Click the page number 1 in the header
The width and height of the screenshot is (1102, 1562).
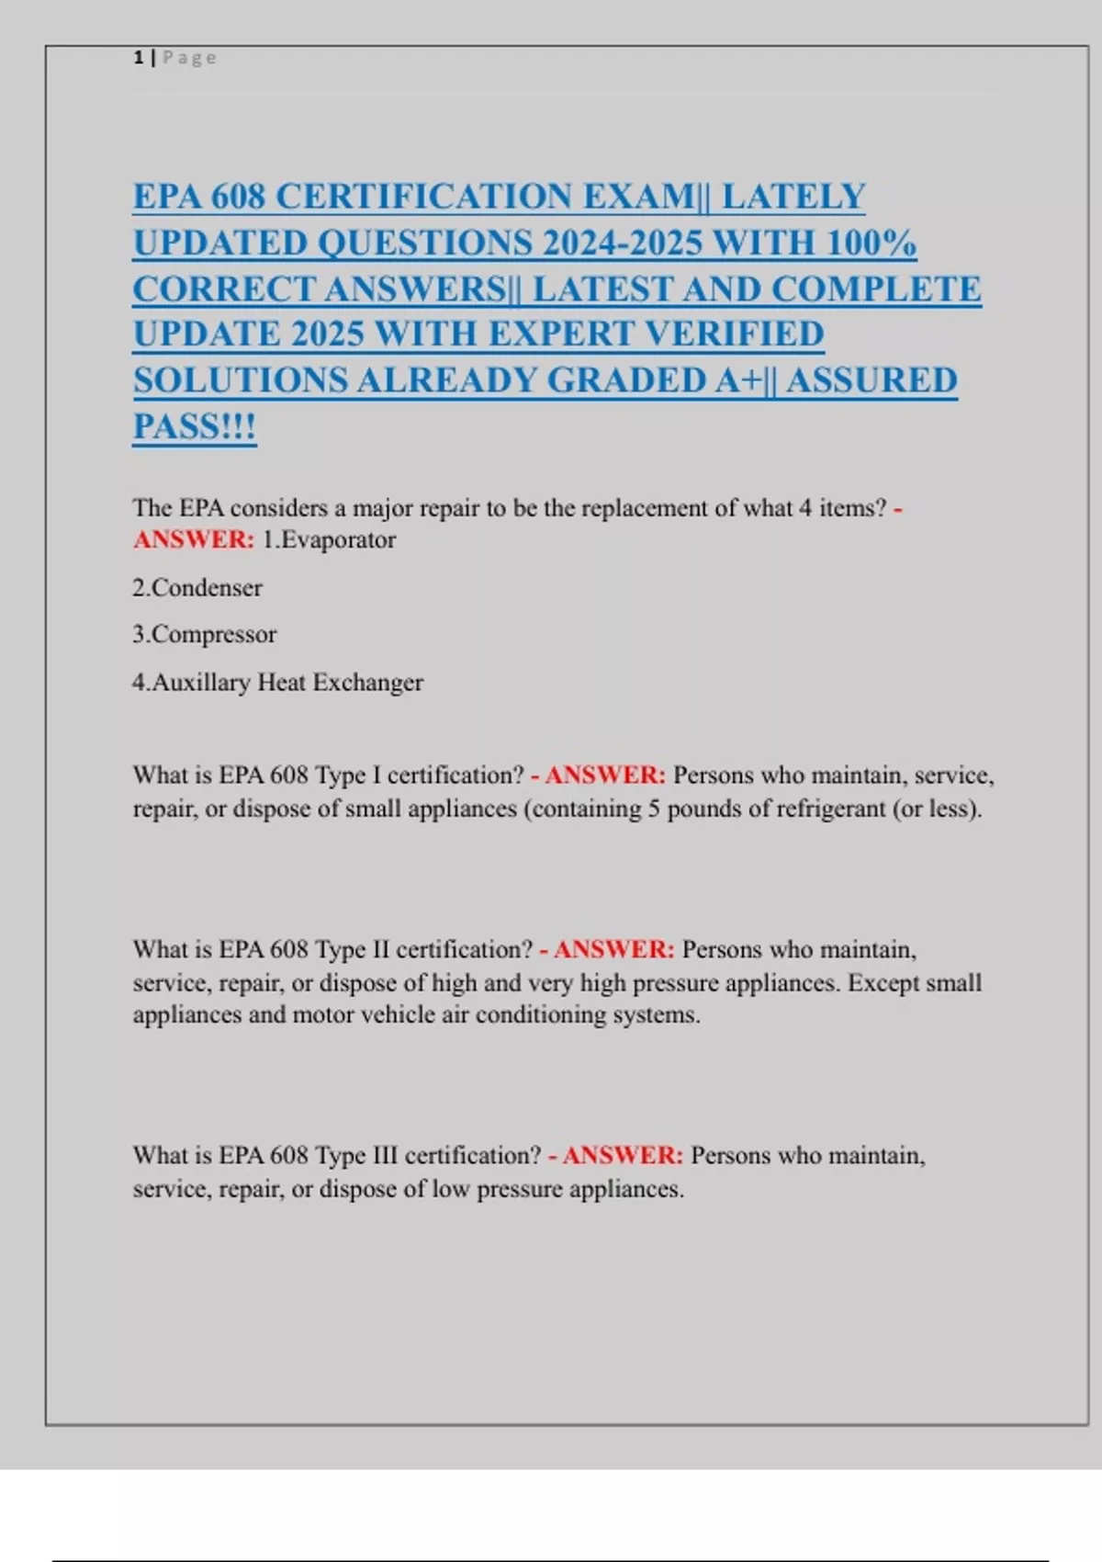coord(138,58)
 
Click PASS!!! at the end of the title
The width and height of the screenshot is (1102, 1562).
coord(195,425)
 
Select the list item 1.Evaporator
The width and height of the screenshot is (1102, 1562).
coord(329,539)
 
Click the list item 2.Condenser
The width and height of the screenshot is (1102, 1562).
coord(197,587)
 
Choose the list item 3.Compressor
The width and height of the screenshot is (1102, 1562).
coord(204,634)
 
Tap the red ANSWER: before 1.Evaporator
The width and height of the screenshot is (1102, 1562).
coord(194,539)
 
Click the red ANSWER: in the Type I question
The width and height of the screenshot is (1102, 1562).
coord(606,775)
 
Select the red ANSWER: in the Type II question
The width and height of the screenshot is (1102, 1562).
coord(614,949)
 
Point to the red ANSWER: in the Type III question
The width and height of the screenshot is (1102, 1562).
coord(624,1155)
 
